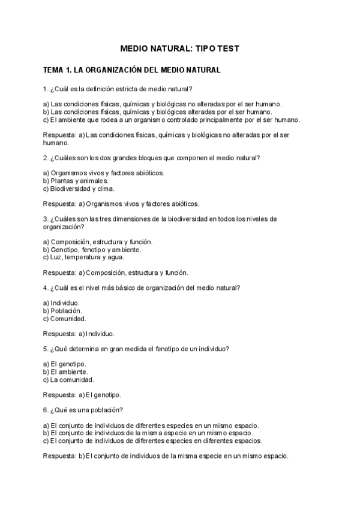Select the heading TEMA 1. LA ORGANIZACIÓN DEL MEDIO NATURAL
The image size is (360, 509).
pyautogui.click(x=132, y=70)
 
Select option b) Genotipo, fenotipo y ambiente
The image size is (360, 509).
pyautogui.click(x=92, y=250)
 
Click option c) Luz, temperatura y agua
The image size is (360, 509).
pyautogui.click(x=84, y=258)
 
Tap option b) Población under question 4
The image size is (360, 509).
pyautogui.click(x=63, y=311)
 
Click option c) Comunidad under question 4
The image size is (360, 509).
pyautogui.click(x=65, y=319)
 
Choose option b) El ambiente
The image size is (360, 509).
pyautogui.click(x=65, y=372)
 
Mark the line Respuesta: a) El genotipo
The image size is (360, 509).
pyautogui.click(x=82, y=395)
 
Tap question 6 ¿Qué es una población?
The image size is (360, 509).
pyautogui.click(x=83, y=410)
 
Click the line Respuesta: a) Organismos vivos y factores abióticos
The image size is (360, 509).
pyautogui.click(x=121, y=203)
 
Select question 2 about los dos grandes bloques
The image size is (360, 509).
pyautogui.click(x=152, y=158)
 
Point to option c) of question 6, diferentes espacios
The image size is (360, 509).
pyautogui.click(x=153, y=441)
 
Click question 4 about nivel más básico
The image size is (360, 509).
pyautogui.click(x=142, y=288)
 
